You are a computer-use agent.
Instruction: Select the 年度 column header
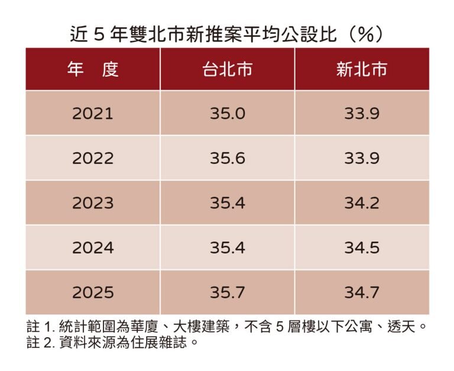pyautogui.click(x=93, y=69)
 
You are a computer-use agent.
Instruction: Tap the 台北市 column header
pyautogui.click(x=228, y=69)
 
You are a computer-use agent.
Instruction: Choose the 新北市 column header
pyautogui.click(x=362, y=69)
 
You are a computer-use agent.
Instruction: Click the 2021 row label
pyautogui.click(x=93, y=113)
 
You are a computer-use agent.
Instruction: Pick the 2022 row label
pyautogui.click(x=93, y=158)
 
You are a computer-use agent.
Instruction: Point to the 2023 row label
pyautogui.click(x=93, y=203)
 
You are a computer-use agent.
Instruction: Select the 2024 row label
pyautogui.click(x=93, y=248)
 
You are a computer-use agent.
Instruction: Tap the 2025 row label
pyautogui.click(x=93, y=292)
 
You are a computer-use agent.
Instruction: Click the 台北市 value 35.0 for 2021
pyautogui.click(x=228, y=113)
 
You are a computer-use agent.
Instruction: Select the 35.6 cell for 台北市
pyautogui.click(x=228, y=158)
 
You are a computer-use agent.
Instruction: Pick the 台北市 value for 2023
pyautogui.click(x=228, y=203)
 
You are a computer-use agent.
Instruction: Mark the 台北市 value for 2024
pyautogui.click(x=228, y=248)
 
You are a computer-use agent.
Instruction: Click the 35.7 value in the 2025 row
pyautogui.click(x=228, y=292)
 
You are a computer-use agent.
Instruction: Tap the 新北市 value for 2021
pyautogui.click(x=362, y=113)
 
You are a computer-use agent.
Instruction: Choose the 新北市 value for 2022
pyautogui.click(x=362, y=158)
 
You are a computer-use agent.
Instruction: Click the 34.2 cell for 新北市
pyautogui.click(x=362, y=203)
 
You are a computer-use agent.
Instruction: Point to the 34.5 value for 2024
pyautogui.click(x=362, y=248)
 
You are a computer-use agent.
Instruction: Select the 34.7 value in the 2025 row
pyautogui.click(x=362, y=292)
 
